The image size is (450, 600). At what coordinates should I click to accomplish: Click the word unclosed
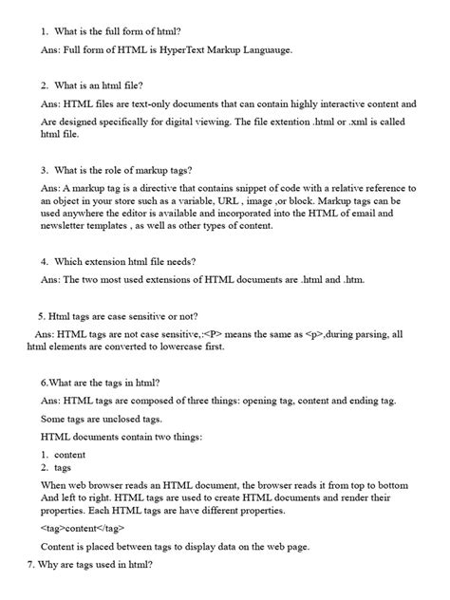click(121, 420)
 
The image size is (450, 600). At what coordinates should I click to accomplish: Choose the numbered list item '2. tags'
click(57, 467)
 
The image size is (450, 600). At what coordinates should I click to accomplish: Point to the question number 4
click(44, 261)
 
